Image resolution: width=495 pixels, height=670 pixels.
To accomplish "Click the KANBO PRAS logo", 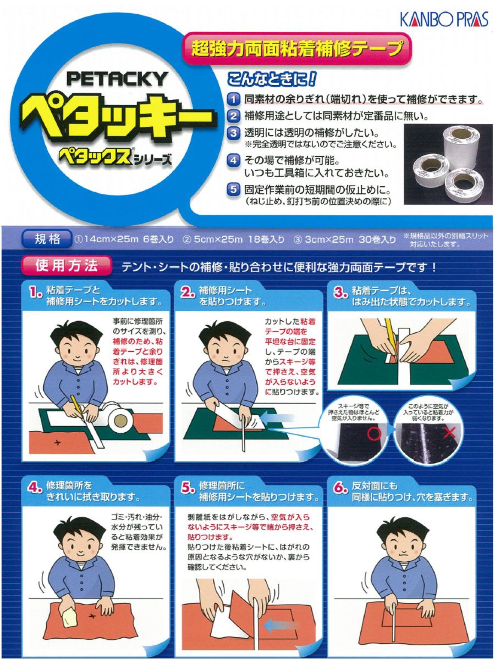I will pyautogui.click(x=443, y=20).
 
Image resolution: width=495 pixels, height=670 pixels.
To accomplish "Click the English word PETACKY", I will pyautogui.click(x=116, y=79).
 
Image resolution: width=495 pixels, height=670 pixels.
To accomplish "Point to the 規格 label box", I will pyautogui.click(x=46, y=239).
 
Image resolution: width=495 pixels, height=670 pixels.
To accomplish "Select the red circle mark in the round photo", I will pyautogui.click(x=374, y=434).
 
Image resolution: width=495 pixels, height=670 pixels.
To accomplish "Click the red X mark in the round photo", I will pyautogui.click(x=449, y=432).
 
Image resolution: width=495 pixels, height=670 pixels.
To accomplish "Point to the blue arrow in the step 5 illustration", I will pyautogui.click(x=279, y=626).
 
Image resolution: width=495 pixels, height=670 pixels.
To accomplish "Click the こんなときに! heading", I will pyautogui.click(x=272, y=80).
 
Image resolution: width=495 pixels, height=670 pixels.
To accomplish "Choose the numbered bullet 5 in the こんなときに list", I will pyautogui.click(x=234, y=191).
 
